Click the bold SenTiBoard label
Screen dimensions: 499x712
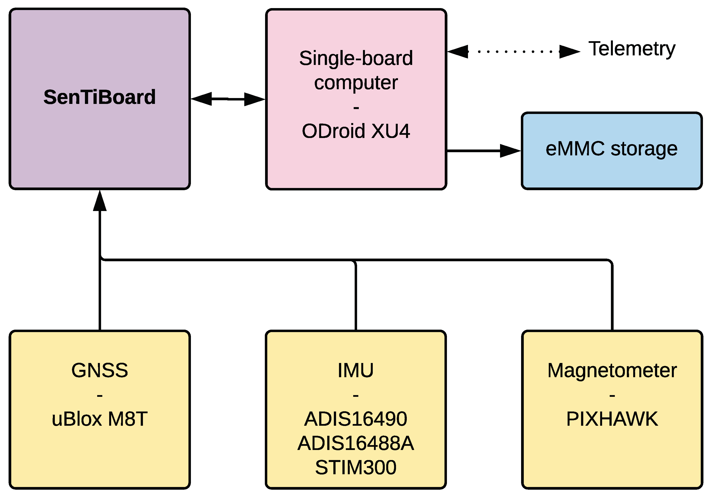100,97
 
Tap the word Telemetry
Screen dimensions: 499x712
632,49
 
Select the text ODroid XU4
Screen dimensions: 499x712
356,131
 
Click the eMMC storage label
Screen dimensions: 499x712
611,149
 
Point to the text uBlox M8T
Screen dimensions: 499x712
100,419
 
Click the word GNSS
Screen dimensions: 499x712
100,370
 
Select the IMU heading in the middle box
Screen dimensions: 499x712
355,370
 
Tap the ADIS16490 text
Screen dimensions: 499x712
355,419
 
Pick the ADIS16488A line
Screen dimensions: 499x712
355,443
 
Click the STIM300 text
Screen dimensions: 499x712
355,467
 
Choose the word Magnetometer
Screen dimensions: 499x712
612,370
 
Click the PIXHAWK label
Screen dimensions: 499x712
612,419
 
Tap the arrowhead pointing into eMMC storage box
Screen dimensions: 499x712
510,151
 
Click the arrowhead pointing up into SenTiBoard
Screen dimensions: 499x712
100,201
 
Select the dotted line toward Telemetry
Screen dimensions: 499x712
515,51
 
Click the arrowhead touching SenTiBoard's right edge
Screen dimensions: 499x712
202,99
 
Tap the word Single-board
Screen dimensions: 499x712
356,58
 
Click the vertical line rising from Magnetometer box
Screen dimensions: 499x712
612,298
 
